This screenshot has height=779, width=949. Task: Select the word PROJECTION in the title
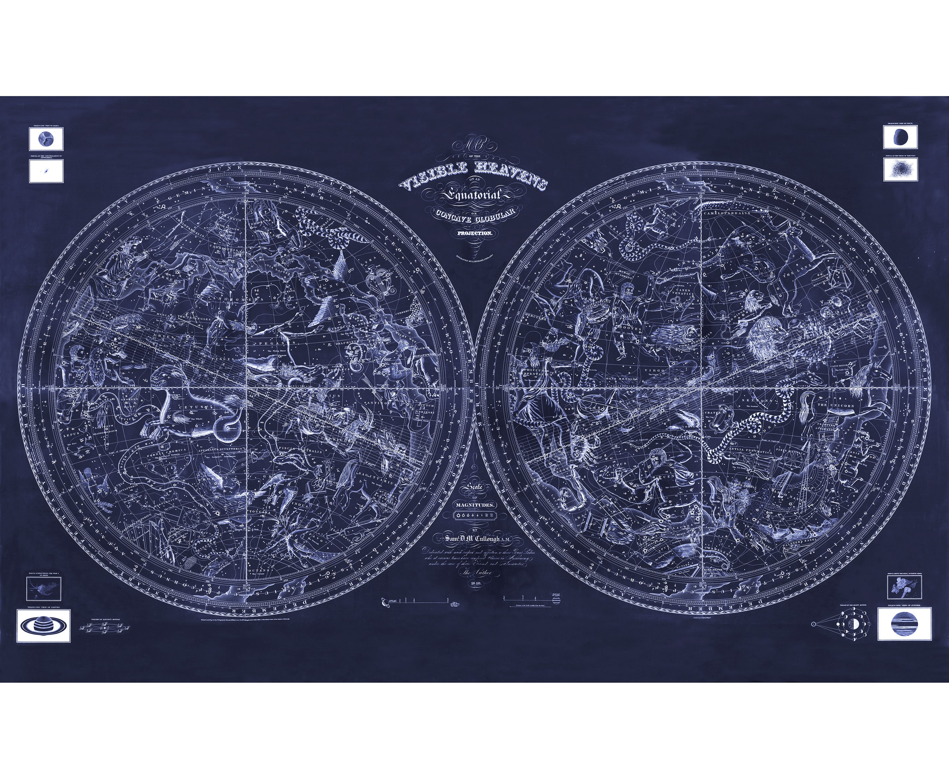coord(475,233)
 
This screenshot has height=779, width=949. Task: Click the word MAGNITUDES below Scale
coord(475,505)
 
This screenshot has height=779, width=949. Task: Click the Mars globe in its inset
coord(46,139)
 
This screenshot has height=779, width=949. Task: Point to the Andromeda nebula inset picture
coord(46,171)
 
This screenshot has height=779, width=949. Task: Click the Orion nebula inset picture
coord(44,589)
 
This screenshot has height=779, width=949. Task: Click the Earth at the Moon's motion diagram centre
coord(851,624)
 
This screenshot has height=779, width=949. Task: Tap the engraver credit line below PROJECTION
coord(474,257)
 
